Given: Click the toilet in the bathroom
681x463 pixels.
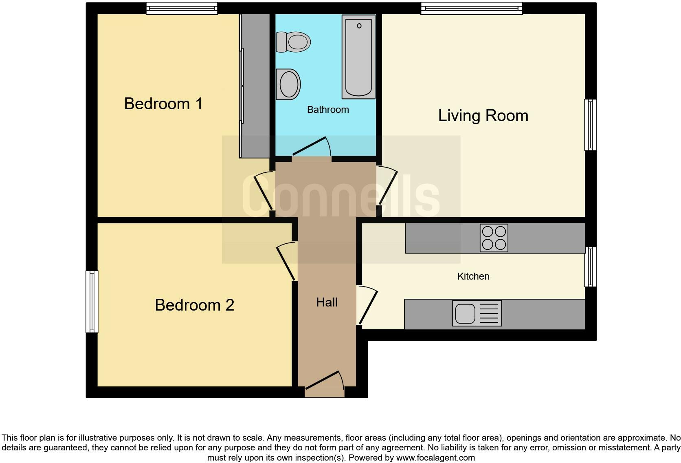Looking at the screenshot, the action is pos(293,42).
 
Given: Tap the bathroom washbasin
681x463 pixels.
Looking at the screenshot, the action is pos(288,84).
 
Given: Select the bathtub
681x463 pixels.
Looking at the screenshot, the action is pos(358,57).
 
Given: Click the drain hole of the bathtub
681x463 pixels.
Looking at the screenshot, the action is pos(359,26).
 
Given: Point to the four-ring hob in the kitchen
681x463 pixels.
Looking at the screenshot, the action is pos(494,238).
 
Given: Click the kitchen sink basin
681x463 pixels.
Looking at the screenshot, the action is pos(465,313).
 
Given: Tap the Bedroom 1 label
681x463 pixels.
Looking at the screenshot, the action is pos(163,104).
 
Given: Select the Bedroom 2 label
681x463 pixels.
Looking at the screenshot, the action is pos(195,305).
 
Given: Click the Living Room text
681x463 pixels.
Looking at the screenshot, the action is pos(483,116).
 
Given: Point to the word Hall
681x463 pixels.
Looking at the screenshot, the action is pos(327,302).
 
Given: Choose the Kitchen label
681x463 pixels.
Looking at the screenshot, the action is pos(473,276).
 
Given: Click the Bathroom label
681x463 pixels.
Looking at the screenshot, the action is pos(328,110).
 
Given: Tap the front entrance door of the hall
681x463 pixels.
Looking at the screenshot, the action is pos(325,384).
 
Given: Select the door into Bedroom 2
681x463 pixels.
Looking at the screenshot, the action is pos(286,261).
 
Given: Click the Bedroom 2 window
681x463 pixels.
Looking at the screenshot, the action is pos(92,302).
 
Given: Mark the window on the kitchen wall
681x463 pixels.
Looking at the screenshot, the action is pos(591,267).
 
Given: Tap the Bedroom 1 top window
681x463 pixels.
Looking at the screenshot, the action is pos(182,9).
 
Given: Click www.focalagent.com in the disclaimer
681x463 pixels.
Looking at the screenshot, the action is pos(435,458).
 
